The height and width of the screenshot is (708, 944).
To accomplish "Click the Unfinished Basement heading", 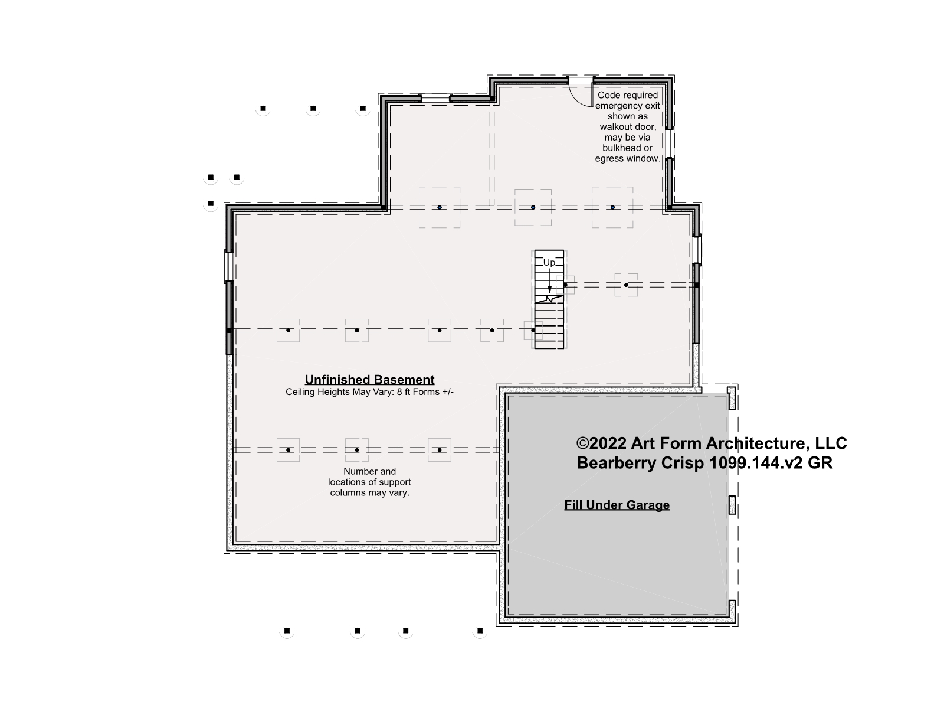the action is (x=369, y=380).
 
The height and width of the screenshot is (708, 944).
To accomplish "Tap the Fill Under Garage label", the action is (x=617, y=505).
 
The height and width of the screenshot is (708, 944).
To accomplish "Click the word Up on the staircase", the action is (x=549, y=263).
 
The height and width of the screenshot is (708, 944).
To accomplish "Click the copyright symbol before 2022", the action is (x=582, y=443).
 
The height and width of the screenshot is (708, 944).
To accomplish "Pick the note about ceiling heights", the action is (x=369, y=392).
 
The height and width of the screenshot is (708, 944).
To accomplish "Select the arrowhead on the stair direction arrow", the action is (x=549, y=289).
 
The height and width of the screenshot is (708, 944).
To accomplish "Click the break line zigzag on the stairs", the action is (x=549, y=299).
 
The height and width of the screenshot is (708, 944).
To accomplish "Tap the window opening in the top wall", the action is (x=435, y=99).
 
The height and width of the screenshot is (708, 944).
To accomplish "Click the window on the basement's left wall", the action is (x=229, y=266).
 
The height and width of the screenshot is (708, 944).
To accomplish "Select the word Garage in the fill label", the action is (x=648, y=505).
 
